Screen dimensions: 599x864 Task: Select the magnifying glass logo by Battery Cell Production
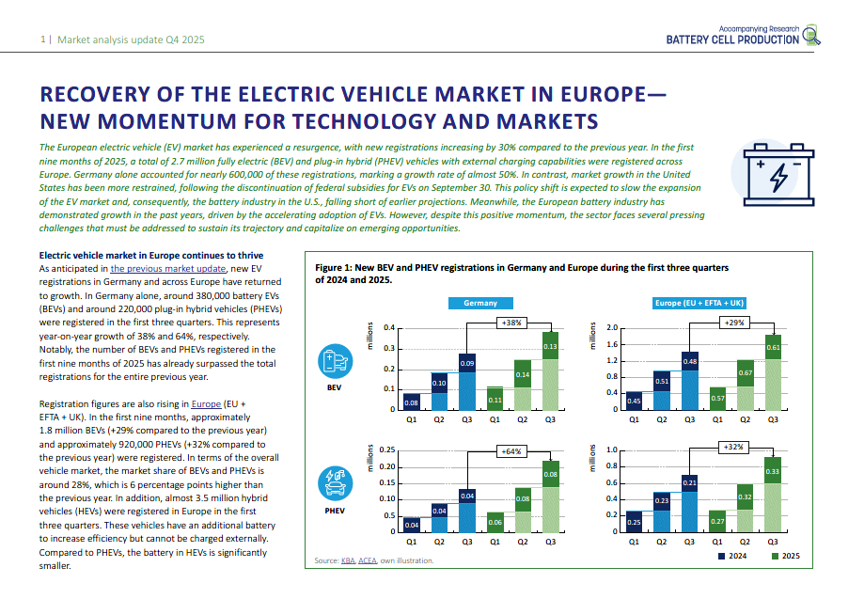pyautogui.click(x=811, y=37)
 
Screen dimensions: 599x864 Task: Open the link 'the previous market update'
pyautogui.click(x=168, y=268)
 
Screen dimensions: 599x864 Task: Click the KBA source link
pyautogui.click(x=348, y=561)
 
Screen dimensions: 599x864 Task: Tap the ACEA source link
pyautogui.click(x=368, y=561)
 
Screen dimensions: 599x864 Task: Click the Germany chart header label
pyautogui.click(x=480, y=303)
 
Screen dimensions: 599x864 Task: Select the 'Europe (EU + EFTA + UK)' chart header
pyautogui.click(x=701, y=303)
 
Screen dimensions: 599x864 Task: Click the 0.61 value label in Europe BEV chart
pyautogui.click(x=773, y=347)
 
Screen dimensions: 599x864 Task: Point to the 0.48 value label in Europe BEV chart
pyautogui.click(x=689, y=362)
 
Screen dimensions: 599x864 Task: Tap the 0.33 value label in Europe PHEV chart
pyautogui.click(x=773, y=470)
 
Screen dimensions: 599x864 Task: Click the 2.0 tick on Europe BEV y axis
pyautogui.click(x=611, y=328)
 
